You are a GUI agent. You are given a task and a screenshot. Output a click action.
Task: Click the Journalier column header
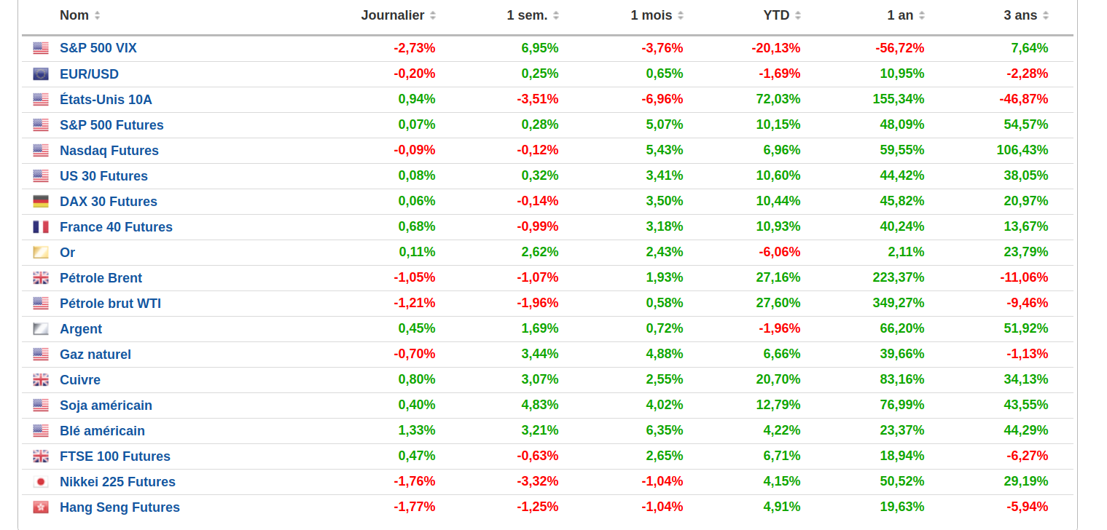coord(392,15)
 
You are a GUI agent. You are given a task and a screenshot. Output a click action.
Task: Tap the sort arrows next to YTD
coord(797,16)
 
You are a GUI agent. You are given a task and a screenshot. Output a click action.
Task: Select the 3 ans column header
coord(1020,15)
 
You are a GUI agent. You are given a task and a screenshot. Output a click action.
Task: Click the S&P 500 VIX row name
coord(98,48)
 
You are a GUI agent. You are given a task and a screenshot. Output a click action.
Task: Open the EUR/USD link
coord(89,74)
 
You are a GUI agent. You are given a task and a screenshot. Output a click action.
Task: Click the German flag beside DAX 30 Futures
coord(41,202)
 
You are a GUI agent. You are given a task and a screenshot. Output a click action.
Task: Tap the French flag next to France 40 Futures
coord(41,227)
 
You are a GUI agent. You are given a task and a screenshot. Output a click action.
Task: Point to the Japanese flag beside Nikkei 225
coord(41,482)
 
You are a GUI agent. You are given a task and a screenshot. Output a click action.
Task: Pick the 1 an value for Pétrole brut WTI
coord(898,303)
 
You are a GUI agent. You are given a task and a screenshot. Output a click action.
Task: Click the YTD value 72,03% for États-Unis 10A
coord(778,99)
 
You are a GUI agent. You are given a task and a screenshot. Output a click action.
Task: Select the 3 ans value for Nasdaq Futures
coord(1022,150)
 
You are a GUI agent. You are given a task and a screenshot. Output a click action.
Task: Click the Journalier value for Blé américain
coord(417,430)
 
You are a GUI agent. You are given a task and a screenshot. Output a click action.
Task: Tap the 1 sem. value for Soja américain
coord(540,405)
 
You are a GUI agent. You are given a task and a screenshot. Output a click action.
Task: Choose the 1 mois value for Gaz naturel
coord(664,354)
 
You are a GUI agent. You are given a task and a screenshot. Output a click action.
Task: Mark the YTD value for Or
coord(779,252)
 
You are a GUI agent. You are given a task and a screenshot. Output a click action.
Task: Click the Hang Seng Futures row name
coord(120,507)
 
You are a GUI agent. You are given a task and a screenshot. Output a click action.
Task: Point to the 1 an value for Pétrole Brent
coord(898,277)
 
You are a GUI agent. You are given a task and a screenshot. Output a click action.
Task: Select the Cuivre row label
coord(80,380)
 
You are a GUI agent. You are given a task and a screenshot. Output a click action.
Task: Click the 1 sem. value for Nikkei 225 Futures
coord(538,481)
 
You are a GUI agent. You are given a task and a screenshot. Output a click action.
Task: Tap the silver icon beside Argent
coord(41,328)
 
